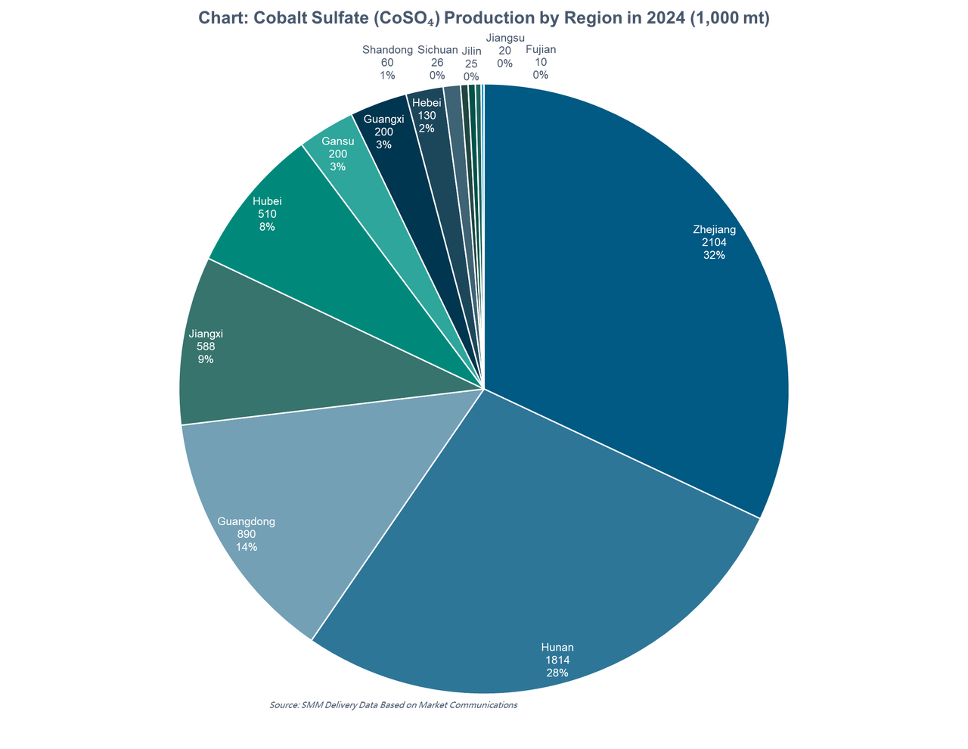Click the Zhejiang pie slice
pyautogui.click(x=643, y=303)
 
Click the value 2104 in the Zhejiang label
pyautogui.click(x=714, y=242)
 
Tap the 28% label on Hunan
pyautogui.click(x=557, y=673)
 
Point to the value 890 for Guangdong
pyautogui.click(x=246, y=534)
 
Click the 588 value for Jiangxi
pyautogui.click(x=205, y=347)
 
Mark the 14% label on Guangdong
pyautogui.click(x=246, y=546)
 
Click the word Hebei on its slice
pyautogui.click(x=427, y=104)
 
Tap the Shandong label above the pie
pyautogui.click(x=386, y=51)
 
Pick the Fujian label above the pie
pyautogui.click(x=541, y=51)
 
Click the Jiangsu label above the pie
pyautogui.click(x=504, y=37)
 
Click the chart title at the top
pyautogui.click(x=483, y=19)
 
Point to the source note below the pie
pyautogui.click(x=393, y=704)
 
